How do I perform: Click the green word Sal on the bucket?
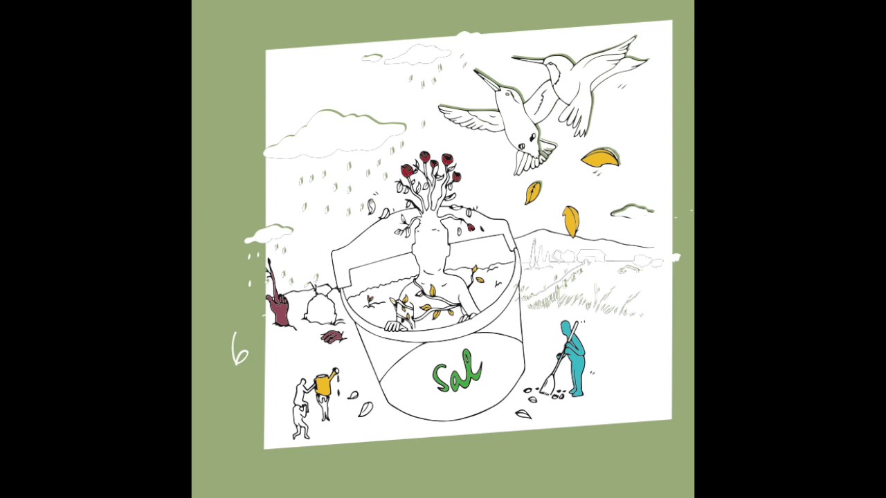457,371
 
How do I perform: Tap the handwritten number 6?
239,349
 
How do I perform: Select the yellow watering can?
325,384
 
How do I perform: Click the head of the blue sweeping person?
566,328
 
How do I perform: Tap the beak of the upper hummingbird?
528,59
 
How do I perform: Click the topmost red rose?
425,156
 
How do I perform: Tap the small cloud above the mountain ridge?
632,211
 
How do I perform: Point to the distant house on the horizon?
591,255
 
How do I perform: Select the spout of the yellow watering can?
334,371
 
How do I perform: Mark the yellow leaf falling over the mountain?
571,221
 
